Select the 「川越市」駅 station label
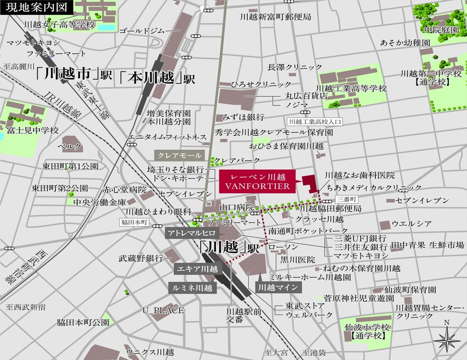[74, 75]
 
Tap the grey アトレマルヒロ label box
[191, 233]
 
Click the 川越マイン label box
[278, 287]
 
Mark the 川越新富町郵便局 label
[276, 17]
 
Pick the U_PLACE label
[163, 310]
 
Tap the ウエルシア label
[412, 223]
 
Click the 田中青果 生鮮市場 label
[427, 245]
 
